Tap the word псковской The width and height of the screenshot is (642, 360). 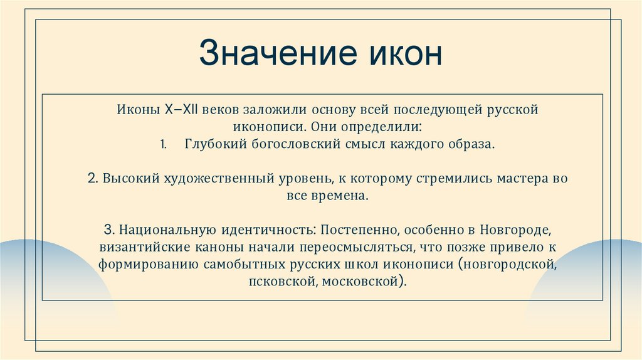(281, 282)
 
